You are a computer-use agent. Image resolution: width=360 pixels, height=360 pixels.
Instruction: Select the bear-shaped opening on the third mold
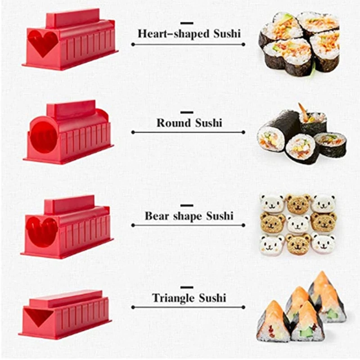pos(42,230)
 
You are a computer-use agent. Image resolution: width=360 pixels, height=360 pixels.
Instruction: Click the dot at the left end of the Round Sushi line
pos(133,132)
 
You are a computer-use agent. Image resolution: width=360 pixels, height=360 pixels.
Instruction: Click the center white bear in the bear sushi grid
pos(298,224)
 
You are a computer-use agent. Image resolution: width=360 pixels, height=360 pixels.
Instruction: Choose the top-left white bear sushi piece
pos(273,204)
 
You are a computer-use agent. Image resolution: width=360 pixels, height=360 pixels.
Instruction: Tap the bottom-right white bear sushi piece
pos(323,243)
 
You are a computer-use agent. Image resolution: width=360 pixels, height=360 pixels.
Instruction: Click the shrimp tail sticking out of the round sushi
pos(304,111)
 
